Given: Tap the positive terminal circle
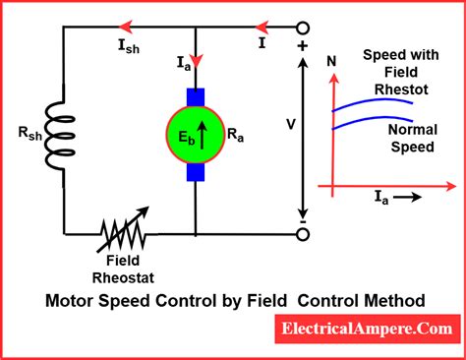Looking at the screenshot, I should [302, 28].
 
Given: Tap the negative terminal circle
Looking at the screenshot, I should [302, 234].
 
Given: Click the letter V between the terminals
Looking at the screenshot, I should [290, 125].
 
